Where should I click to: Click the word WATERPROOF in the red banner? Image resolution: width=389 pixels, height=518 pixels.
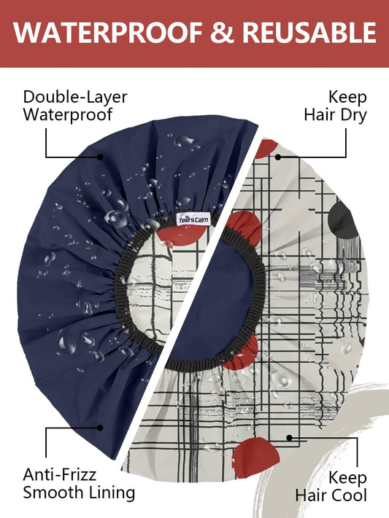click(x=108, y=33)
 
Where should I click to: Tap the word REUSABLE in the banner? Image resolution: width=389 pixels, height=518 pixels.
click(x=309, y=33)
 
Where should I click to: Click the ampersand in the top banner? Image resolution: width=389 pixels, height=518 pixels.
click(x=222, y=33)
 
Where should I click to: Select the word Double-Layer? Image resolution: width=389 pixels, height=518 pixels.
click(x=75, y=97)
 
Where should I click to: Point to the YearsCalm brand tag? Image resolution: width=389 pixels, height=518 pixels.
click(x=193, y=219)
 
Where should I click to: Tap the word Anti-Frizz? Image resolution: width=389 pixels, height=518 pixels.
click(x=60, y=475)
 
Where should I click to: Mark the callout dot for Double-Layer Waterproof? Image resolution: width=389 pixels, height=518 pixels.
click(x=100, y=157)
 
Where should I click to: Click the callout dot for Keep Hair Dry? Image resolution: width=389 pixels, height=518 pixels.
click(x=278, y=157)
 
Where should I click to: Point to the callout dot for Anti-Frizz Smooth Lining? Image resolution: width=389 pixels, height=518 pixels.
click(x=100, y=428)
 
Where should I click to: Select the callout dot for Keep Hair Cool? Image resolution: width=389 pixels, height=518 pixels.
click(x=289, y=438)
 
